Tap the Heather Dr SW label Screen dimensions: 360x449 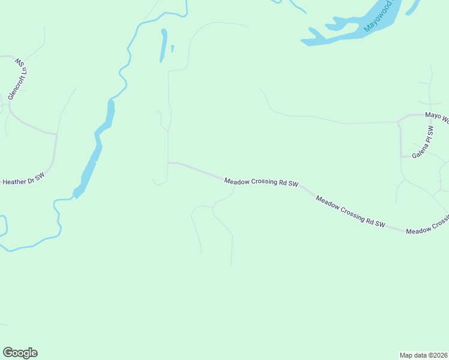(x=24, y=179)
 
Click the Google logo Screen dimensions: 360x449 (x=20, y=353)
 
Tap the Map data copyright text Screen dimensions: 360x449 (x=423, y=355)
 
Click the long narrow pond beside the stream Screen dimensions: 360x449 (x=163, y=45)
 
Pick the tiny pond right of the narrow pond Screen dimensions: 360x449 (x=172, y=49)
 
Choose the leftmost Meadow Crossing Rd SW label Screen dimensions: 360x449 (x=261, y=182)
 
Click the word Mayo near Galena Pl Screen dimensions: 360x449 (x=433, y=115)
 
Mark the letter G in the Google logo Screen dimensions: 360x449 (x=8, y=353)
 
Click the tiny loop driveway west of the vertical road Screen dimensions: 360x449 (x=158, y=112)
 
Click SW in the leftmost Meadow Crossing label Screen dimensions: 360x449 (x=293, y=184)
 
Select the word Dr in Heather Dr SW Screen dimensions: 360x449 (x=31, y=179)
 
